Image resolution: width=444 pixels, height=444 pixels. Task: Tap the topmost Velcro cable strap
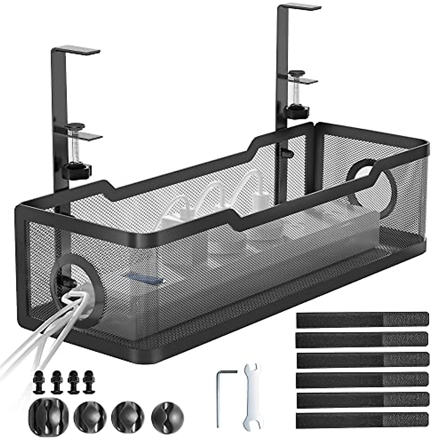[362, 319]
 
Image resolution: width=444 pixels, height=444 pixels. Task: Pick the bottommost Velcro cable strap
[362, 419]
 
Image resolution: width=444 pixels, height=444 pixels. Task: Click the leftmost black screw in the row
[38, 381]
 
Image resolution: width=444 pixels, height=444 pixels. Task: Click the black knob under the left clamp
[77, 171]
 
